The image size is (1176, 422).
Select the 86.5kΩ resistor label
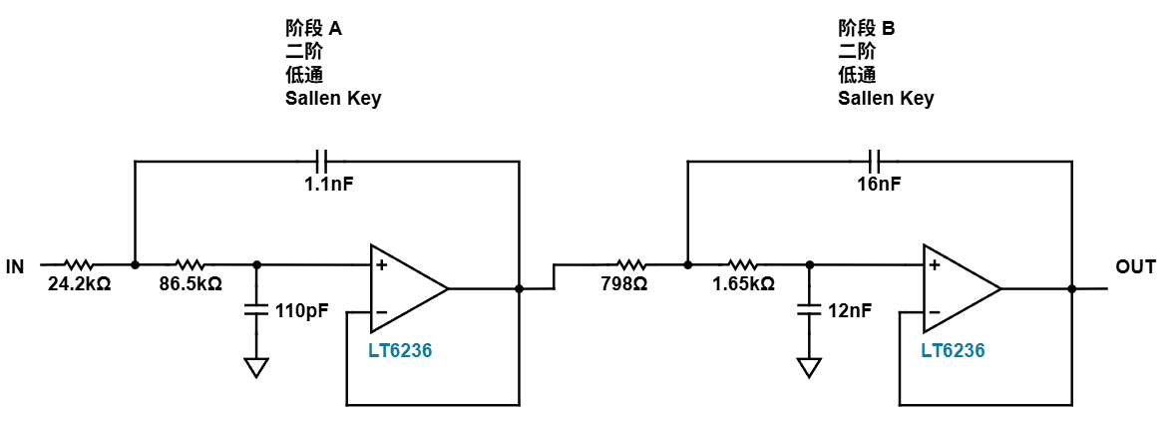(192, 285)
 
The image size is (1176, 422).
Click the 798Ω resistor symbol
(630, 264)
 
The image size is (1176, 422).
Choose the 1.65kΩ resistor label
(744, 285)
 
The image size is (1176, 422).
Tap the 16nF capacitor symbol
(874, 160)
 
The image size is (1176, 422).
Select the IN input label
(15, 266)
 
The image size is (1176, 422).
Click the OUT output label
(1135, 266)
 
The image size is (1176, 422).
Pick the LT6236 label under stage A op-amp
(400, 350)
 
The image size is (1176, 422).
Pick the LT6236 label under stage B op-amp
(953, 350)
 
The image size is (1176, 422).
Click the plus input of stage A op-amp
(381, 264)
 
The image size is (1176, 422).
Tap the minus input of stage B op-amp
(934, 312)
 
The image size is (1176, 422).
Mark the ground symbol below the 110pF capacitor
(256, 368)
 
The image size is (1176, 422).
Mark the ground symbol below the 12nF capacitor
(809, 368)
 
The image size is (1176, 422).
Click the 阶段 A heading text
(314, 29)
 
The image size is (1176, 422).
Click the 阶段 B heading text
(867, 29)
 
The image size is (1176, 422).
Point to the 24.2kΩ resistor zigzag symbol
(78, 264)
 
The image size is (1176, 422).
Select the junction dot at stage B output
(1071, 288)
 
